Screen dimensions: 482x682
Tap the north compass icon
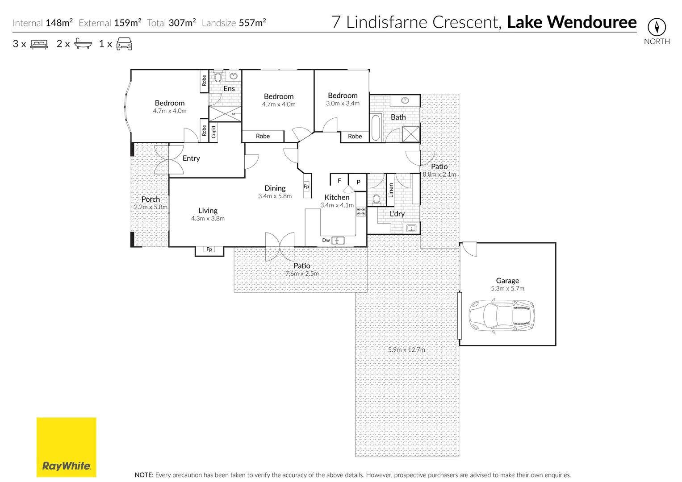tap(657, 27)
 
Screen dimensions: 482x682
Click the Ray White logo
tap(66, 447)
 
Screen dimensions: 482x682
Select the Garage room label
tap(507, 281)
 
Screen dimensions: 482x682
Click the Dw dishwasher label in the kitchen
tap(326, 240)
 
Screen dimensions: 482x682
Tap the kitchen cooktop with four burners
tap(360, 212)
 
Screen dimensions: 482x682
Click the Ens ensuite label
tap(229, 89)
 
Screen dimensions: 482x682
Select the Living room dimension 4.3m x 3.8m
tap(208, 219)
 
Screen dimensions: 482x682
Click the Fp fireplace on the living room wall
tap(209, 249)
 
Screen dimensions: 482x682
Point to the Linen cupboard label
tap(391, 190)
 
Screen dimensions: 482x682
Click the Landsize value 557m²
tap(252, 23)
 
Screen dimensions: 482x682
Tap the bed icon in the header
tap(39, 44)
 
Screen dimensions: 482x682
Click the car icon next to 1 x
tap(124, 44)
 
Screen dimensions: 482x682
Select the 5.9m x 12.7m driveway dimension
tap(406, 350)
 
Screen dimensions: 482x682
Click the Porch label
tap(151, 199)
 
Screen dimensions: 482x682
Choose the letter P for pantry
tap(358, 182)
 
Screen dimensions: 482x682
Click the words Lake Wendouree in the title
tap(572, 22)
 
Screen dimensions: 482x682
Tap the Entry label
tap(191, 158)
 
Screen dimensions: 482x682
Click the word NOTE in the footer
tap(144, 475)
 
